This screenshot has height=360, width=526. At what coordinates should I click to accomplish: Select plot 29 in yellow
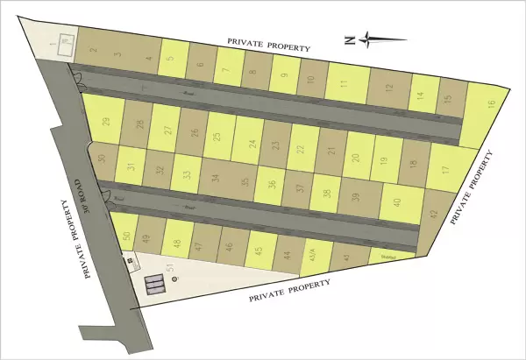tap(106, 123)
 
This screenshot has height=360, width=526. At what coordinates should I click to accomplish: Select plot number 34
tap(215, 178)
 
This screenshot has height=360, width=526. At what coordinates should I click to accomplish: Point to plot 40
tap(397, 203)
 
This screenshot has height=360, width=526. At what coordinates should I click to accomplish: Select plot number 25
tap(217, 138)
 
